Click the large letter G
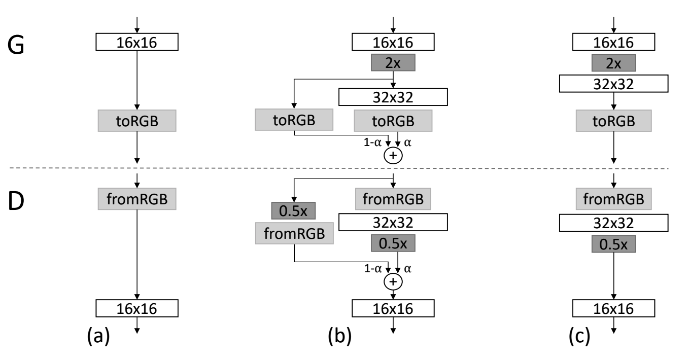[x=16, y=45]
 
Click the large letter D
[x=16, y=201]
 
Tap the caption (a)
[x=98, y=335]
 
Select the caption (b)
[x=339, y=335]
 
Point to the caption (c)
[x=579, y=335]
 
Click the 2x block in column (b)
[x=393, y=63]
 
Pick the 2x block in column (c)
[x=613, y=63]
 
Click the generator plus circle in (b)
[x=393, y=155]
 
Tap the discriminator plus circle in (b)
[x=393, y=281]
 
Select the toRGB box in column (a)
[x=137, y=121]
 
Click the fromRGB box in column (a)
[x=137, y=199]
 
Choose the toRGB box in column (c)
[x=613, y=121]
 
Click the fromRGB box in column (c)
[x=613, y=199]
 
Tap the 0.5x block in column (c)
[x=613, y=244]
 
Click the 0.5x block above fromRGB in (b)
[x=293, y=210]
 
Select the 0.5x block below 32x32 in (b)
[x=393, y=243]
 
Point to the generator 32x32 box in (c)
[x=613, y=84]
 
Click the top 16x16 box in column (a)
[x=137, y=42]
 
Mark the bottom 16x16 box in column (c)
[x=613, y=308]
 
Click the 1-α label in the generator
[x=372, y=142]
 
